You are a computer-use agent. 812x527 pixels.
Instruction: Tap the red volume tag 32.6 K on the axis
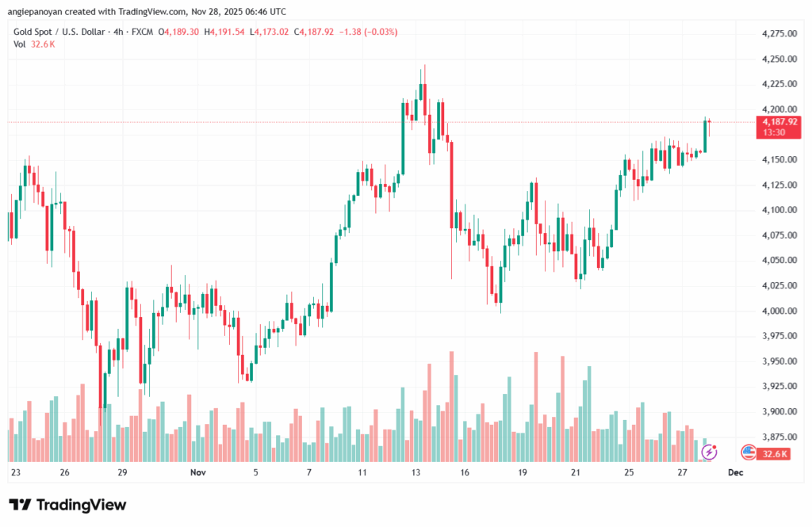[774, 453]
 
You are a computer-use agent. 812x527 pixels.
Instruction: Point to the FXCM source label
[143, 32]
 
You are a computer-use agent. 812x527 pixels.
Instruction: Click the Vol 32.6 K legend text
[34, 44]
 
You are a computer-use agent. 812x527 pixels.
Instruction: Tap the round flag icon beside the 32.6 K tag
[747, 452]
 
